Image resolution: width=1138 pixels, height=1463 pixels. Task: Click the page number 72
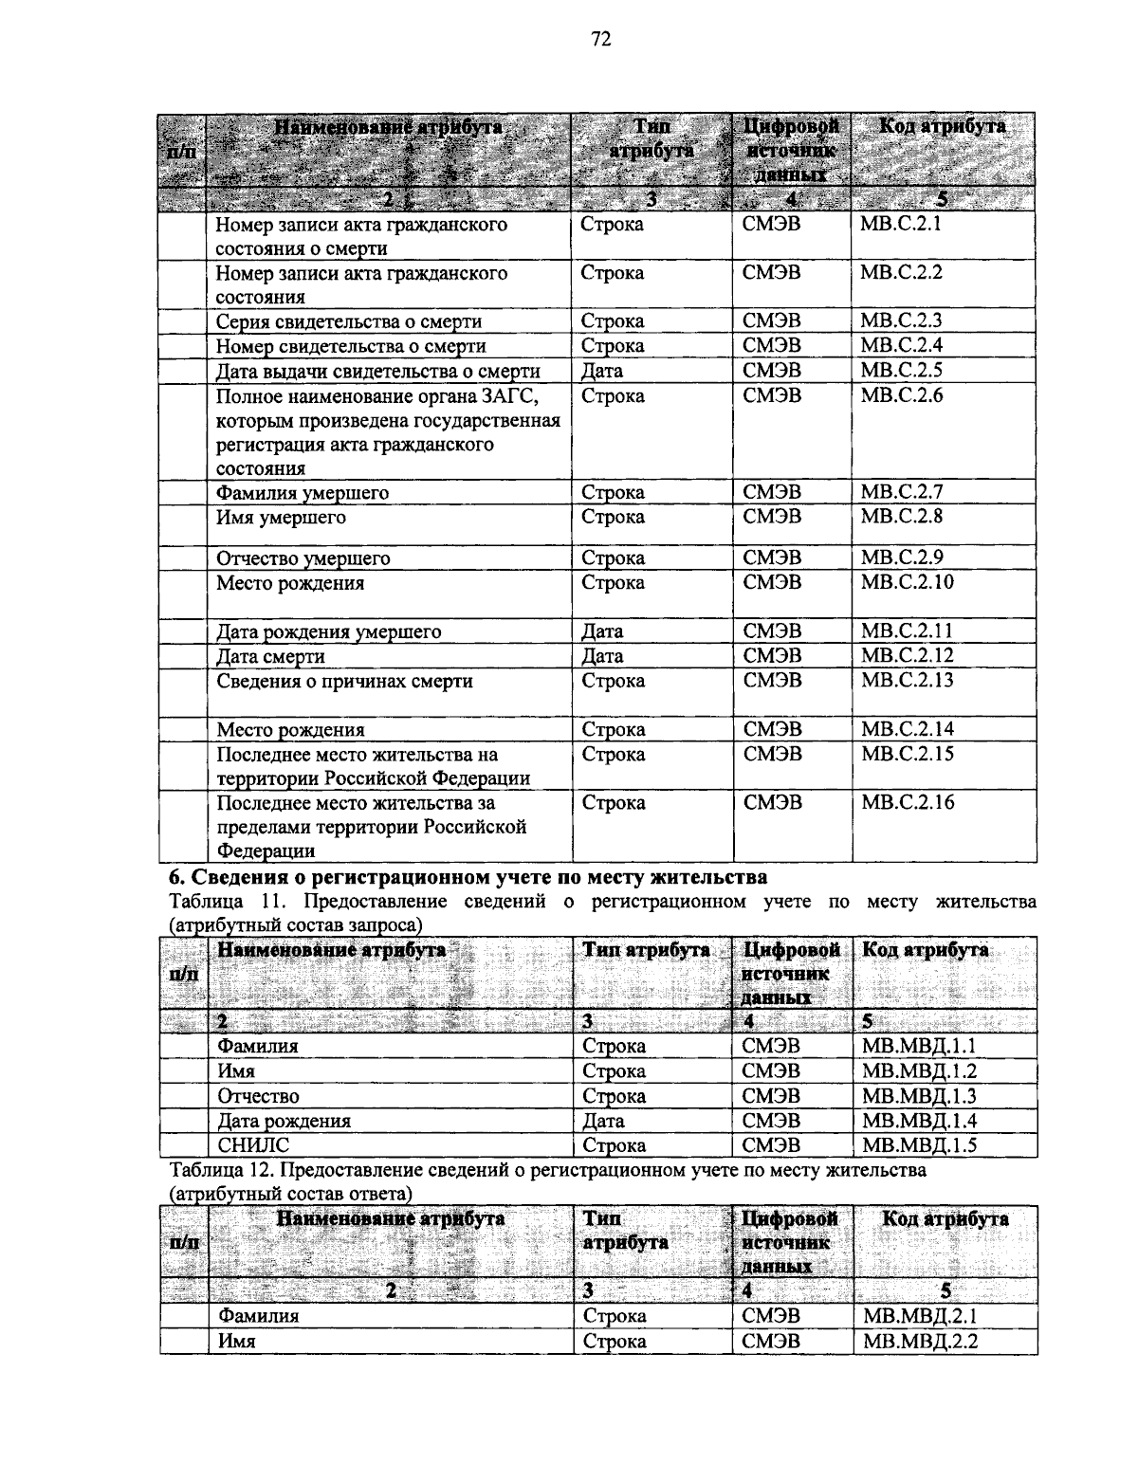[x=600, y=38]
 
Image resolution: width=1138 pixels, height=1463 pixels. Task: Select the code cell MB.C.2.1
[x=901, y=224]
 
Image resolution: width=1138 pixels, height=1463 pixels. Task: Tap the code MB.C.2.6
[x=901, y=394]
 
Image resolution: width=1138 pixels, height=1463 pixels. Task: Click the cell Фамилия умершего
[x=303, y=493]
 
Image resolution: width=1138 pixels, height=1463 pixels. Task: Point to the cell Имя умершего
[x=281, y=518]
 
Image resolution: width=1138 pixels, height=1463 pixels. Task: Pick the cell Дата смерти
[x=270, y=656]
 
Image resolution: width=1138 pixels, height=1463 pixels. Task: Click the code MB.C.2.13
[x=906, y=680]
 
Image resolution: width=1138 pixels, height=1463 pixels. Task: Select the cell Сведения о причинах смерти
[x=344, y=681]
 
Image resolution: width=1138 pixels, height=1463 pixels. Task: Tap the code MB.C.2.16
[x=907, y=802]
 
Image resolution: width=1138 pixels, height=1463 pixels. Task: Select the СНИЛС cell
[x=253, y=1145]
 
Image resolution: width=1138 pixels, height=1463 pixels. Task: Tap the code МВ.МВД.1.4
[x=919, y=1121]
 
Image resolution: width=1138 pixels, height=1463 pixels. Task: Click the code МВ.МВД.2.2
[x=920, y=1341]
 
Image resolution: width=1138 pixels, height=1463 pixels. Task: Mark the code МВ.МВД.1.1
[x=919, y=1046]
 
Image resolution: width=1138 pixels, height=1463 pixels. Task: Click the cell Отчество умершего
[x=303, y=558]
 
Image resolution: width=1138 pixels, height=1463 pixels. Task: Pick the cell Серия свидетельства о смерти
[x=348, y=321]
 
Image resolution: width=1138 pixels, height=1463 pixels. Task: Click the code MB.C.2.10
[x=907, y=581]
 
